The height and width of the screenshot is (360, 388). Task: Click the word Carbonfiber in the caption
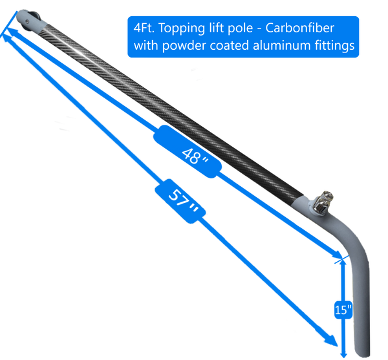319,29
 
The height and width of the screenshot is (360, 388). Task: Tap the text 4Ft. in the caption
143,29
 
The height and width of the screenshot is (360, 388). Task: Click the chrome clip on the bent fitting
322,204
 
